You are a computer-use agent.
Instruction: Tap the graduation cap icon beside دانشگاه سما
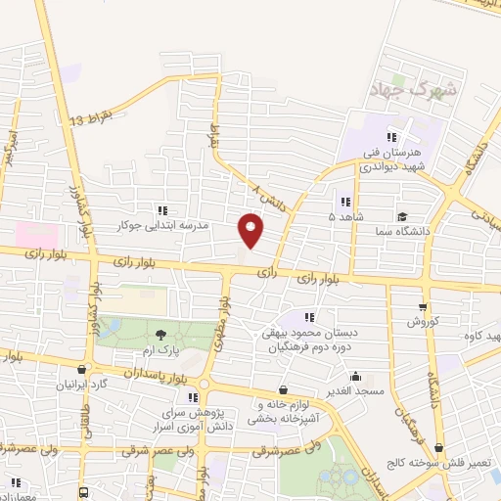click(x=402, y=217)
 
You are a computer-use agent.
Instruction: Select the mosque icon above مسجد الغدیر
click(x=354, y=376)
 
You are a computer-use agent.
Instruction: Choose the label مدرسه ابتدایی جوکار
click(x=162, y=225)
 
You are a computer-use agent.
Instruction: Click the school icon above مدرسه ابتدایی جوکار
click(x=162, y=209)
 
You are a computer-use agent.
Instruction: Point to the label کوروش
click(x=427, y=321)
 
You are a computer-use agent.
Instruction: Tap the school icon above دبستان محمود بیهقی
click(x=310, y=317)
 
